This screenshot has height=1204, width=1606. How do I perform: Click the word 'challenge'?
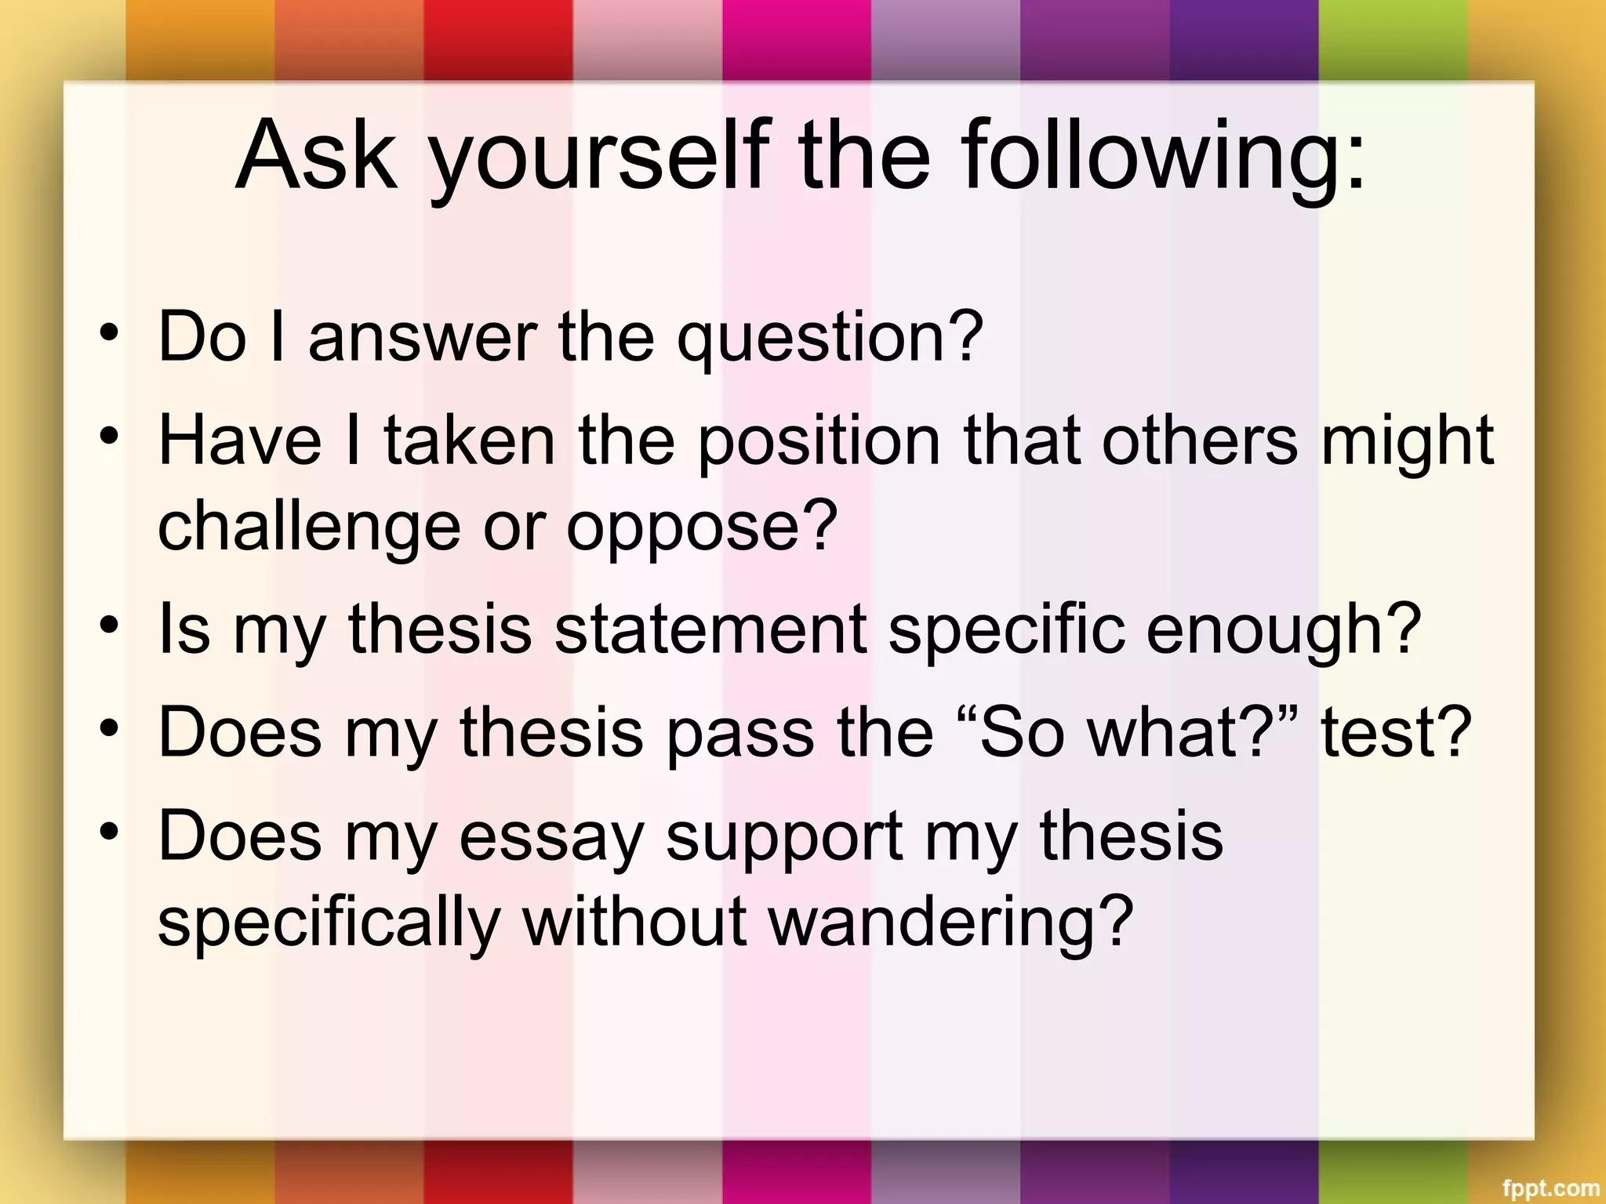point(309,528)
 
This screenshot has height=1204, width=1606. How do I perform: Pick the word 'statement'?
point(710,629)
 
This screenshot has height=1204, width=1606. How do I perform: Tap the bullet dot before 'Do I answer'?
point(110,332)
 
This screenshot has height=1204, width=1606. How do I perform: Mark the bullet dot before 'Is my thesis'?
point(110,625)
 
